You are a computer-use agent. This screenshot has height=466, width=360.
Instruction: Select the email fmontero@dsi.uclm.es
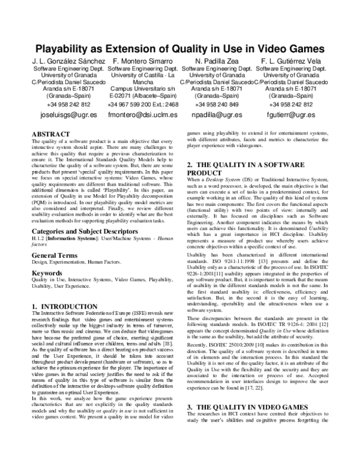coord(143,114)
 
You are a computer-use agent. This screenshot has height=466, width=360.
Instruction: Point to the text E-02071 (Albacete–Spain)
coord(143,95)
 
